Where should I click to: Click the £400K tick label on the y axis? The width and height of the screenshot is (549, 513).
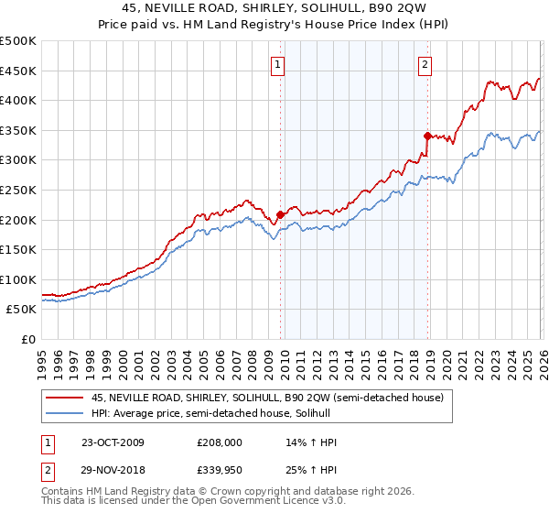(18, 100)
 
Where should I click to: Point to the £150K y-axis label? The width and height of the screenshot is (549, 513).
(18, 249)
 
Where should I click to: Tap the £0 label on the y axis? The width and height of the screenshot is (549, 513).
(27, 339)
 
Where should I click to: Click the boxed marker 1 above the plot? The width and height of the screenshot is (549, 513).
(278, 64)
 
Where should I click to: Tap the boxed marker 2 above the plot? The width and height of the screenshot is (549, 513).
(426, 64)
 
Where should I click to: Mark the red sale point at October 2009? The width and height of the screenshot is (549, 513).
(280, 215)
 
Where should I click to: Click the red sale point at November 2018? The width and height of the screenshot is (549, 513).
(427, 136)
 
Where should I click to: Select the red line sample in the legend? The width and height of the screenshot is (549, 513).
(65, 398)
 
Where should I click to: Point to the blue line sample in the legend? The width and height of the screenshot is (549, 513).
(65, 413)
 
